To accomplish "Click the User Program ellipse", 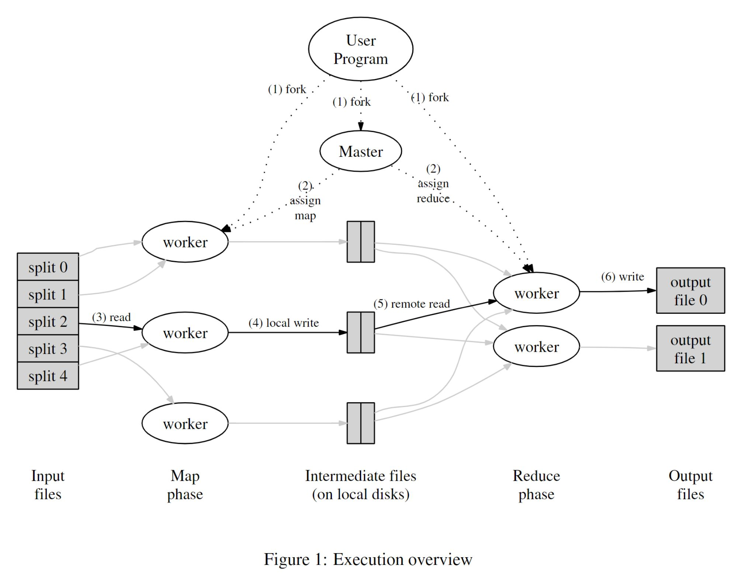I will (360, 49).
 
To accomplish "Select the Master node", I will (360, 151).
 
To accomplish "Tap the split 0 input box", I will (48, 267).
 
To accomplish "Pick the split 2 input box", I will (48, 322).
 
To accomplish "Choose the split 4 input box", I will (48, 376).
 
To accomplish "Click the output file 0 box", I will (690, 291).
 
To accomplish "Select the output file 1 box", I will (690, 348).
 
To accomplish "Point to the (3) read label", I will (111, 317).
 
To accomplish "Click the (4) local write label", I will (283, 323).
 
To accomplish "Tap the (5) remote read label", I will (412, 304).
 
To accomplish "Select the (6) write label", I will (622, 277).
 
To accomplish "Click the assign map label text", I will (305, 201).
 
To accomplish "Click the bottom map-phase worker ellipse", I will (185, 423).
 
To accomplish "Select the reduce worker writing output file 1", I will (536, 346).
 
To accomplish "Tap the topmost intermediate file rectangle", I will (360, 242).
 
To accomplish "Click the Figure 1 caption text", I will (368, 559).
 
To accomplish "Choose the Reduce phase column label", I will (536, 485).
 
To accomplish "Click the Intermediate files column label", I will (360, 485).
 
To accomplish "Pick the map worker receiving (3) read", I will (185, 333).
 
